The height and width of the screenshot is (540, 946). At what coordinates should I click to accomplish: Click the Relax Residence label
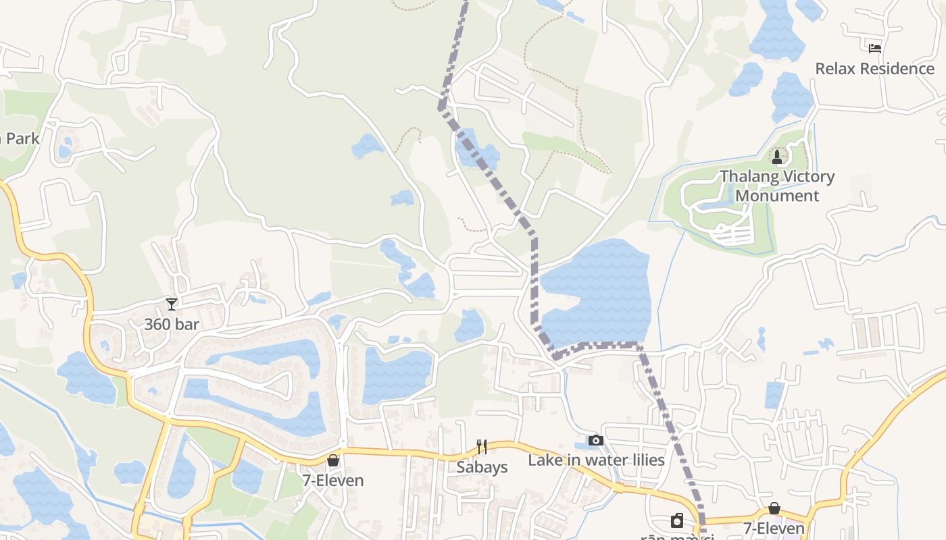coord(874,69)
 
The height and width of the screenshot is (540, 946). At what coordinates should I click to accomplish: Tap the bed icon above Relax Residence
coord(875,48)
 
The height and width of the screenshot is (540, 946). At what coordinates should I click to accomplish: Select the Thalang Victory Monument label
coord(777,186)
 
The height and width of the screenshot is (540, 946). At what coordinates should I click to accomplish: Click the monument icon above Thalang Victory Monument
coord(777,157)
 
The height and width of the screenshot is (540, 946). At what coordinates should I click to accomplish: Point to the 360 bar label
coord(172,324)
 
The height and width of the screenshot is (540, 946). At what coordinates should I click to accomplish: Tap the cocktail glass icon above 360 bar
coord(172,304)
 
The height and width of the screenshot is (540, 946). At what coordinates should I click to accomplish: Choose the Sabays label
coord(482,467)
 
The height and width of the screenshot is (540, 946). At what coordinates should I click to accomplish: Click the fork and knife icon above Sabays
coord(482,447)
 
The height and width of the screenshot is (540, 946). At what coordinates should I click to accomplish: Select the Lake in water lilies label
coord(596,460)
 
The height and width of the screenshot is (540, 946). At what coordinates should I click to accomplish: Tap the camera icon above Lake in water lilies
coord(595,441)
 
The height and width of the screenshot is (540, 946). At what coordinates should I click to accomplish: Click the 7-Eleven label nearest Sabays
coord(333,481)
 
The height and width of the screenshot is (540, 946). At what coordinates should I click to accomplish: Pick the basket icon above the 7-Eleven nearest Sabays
coord(333,461)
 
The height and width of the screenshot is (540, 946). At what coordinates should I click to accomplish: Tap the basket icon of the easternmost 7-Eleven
coord(774,508)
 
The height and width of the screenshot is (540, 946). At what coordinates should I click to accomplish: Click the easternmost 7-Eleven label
coord(774,529)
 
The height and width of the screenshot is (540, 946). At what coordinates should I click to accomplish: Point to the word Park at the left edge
coord(22,139)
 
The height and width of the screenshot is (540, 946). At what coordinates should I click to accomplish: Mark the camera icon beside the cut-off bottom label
coord(677,520)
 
